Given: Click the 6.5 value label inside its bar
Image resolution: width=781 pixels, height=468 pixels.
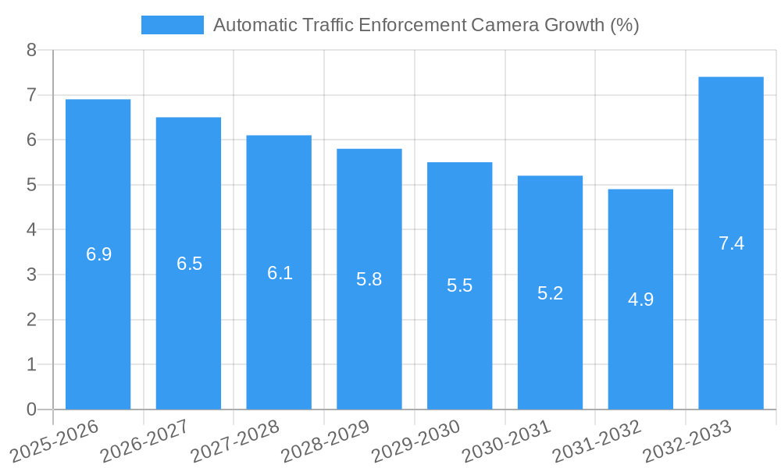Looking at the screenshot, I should pyautogui.click(x=189, y=264).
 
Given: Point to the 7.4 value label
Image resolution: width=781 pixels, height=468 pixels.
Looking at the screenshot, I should pyautogui.click(x=731, y=243).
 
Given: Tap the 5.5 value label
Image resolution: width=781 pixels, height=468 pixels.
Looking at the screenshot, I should pyautogui.click(x=459, y=285).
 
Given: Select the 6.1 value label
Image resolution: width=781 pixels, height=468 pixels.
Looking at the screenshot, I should pyautogui.click(x=280, y=273).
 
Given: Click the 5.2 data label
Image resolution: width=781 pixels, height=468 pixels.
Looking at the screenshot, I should pyautogui.click(x=550, y=293).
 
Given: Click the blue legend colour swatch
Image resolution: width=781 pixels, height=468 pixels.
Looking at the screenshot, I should pyautogui.click(x=172, y=25).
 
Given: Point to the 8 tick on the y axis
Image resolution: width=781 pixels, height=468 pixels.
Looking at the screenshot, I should pyautogui.click(x=31, y=51).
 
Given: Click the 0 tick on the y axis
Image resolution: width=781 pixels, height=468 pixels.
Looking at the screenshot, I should pyautogui.click(x=31, y=409).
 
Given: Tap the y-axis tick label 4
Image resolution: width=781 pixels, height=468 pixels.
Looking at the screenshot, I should pyautogui.click(x=31, y=230).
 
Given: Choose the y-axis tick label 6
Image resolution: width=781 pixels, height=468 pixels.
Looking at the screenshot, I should pyautogui.click(x=31, y=140).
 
